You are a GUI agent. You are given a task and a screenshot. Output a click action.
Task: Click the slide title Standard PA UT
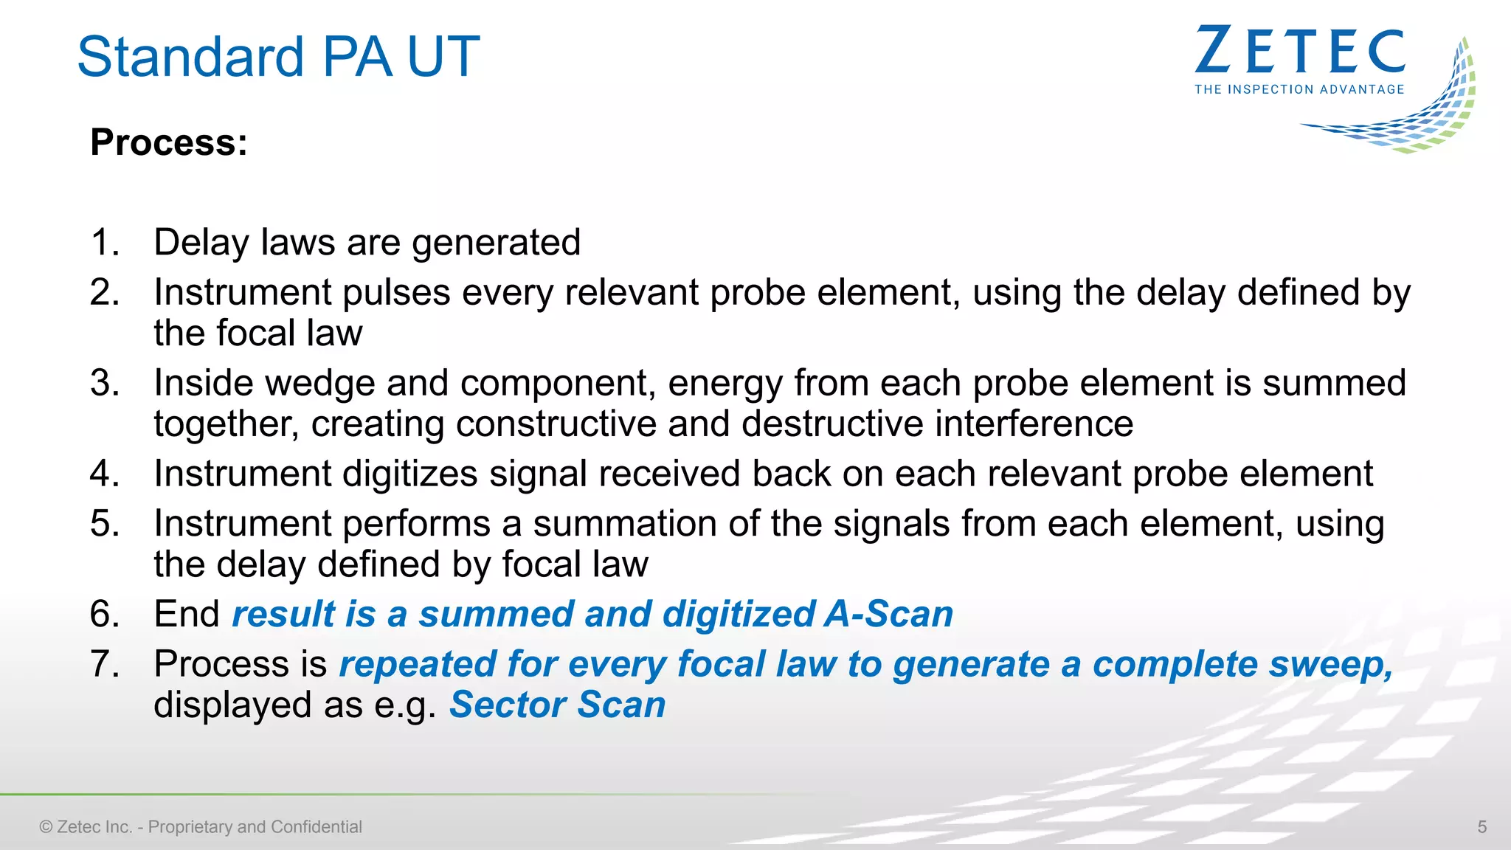[278, 57]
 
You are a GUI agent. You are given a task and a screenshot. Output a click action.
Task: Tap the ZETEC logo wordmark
[1299, 51]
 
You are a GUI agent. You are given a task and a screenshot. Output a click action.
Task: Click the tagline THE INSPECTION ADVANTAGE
[1299, 89]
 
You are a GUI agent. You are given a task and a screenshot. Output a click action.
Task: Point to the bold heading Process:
[169, 142]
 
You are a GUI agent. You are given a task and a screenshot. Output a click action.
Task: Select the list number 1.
[104, 243]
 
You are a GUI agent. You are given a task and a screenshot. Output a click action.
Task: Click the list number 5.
[104, 524]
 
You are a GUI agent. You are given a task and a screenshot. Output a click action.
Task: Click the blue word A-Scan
[888, 615]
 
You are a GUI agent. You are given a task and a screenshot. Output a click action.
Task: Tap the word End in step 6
[186, 615]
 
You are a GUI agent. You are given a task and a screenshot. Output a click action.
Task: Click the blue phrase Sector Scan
[557, 705]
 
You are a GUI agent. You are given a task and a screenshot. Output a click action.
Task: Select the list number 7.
[104, 664]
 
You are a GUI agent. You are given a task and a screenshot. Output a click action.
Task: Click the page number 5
[1481, 827]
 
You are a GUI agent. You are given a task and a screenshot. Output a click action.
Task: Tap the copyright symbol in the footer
[46, 827]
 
